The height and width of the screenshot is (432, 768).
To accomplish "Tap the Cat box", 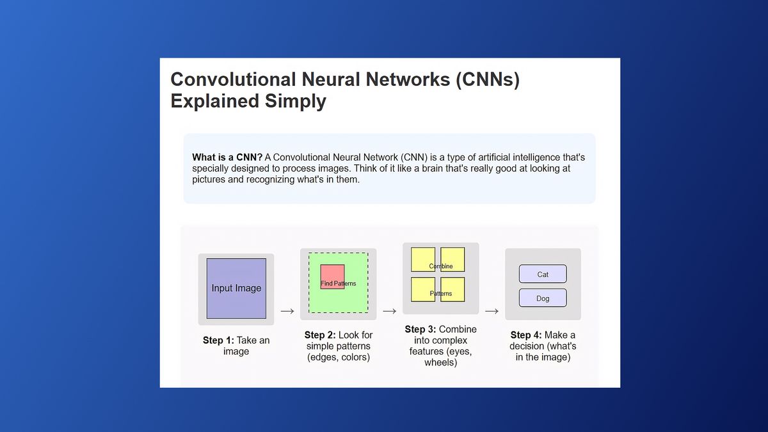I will point(543,274).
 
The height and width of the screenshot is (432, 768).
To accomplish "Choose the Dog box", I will point(543,298).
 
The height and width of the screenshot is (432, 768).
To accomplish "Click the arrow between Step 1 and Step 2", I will point(287,312).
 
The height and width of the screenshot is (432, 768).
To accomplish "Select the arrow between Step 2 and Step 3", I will point(389,312).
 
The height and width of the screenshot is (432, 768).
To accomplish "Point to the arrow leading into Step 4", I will point(492,312).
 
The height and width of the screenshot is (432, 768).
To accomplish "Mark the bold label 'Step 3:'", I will point(420,330).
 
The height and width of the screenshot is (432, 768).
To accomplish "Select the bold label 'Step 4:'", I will point(526,335).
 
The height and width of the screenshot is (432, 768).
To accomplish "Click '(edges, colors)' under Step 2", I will point(338,357).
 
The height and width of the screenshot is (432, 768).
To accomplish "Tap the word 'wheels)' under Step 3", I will point(440,363).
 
